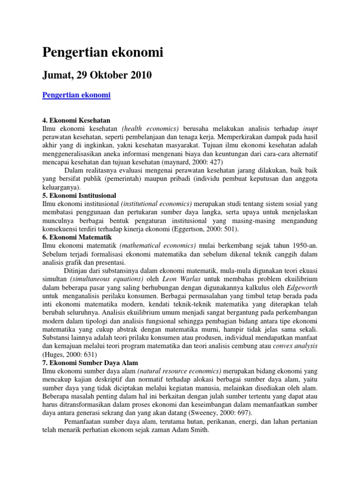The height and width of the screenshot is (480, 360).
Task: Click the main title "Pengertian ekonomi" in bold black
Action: pos(103,53)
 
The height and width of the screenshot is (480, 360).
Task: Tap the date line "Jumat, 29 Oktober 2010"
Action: pos(97,75)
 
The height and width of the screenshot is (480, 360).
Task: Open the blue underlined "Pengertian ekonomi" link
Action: pos(76,95)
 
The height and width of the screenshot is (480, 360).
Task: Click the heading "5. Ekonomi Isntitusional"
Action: pos(79,195)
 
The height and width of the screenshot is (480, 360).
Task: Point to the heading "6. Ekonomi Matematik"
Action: pos(74,238)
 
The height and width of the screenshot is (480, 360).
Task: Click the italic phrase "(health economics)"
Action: pos(150,128)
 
